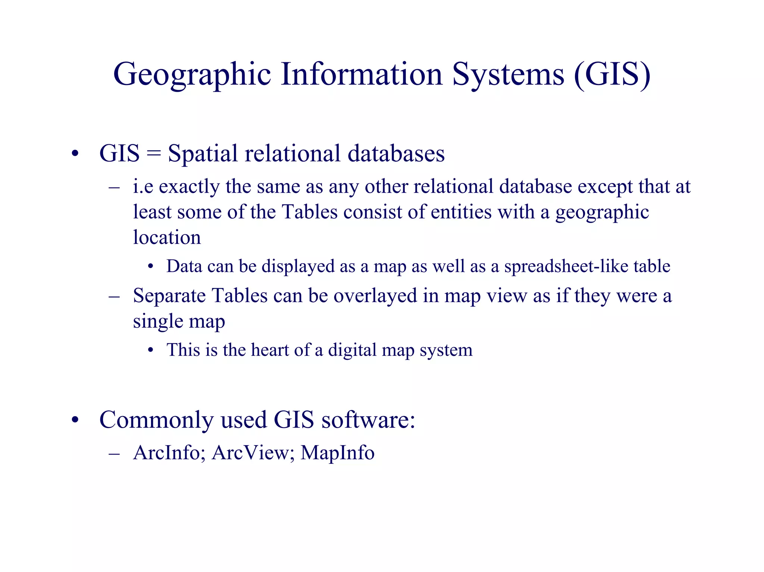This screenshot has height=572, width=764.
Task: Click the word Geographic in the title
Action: tap(192, 75)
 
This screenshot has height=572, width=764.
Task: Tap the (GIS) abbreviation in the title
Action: tap(612, 75)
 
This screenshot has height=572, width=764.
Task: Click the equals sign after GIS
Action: tap(153, 154)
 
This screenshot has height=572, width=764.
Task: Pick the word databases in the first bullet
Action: tap(396, 153)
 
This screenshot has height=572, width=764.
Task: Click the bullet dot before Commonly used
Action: tap(75, 420)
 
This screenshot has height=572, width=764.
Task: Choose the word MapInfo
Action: tap(337, 453)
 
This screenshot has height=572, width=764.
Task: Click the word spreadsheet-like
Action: tap(566, 266)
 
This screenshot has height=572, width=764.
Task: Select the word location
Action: tap(167, 238)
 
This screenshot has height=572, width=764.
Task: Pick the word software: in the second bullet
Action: tap(368, 420)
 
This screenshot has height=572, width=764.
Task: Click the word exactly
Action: tap(189, 187)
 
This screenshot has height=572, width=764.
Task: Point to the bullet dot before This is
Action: tap(151, 351)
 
